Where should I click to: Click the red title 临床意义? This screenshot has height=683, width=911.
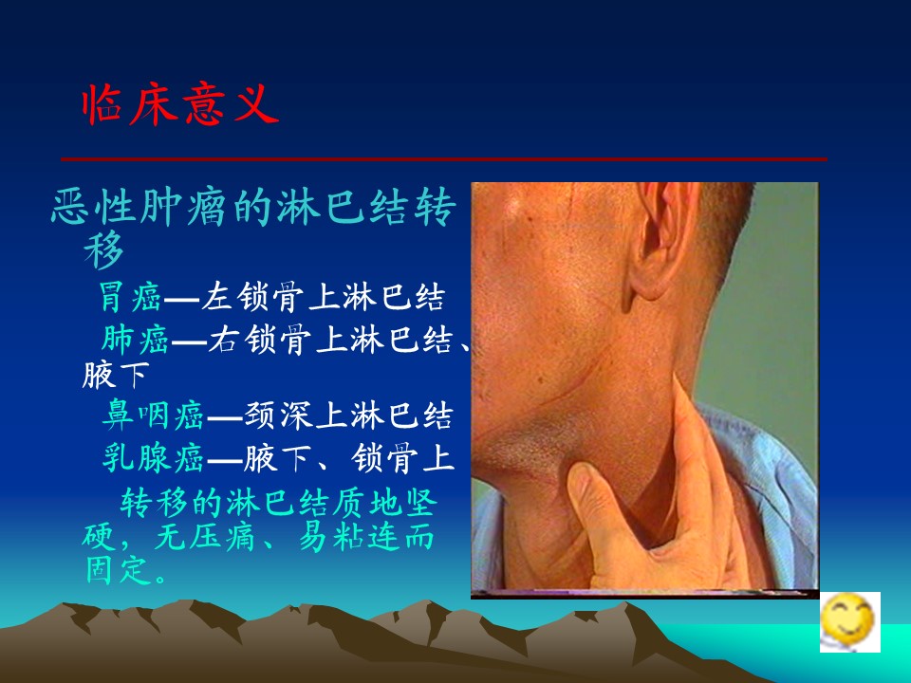[180, 104]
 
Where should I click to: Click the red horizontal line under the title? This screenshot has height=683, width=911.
[444, 158]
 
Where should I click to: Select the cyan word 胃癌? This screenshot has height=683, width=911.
[130, 297]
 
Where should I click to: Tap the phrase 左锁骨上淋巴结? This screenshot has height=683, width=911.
[323, 297]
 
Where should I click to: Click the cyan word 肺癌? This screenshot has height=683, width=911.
[135, 340]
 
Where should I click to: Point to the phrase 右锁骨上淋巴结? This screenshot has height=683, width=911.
[330, 340]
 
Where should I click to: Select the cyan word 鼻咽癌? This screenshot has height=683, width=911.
[154, 415]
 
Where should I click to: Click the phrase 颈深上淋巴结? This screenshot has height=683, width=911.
[348, 415]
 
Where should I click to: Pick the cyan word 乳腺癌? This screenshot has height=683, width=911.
[154, 457]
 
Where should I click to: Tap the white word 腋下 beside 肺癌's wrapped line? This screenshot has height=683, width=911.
[116, 376]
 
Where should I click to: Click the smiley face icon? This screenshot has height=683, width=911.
[850, 622]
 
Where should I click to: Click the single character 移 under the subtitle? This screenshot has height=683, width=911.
[103, 249]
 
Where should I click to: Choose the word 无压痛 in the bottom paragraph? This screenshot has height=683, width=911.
[205, 536]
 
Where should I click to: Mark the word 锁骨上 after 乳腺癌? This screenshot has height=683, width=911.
[402, 457]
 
